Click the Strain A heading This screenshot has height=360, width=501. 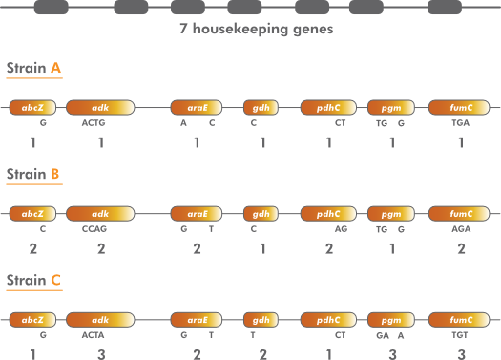[x=34, y=69]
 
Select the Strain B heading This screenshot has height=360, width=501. [x=34, y=175]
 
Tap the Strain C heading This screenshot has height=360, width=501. [x=34, y=281]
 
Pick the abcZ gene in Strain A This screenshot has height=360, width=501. [x=32, y=109]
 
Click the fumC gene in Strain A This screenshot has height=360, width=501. [x=461, y=109]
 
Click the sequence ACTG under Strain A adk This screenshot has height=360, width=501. [x=94, y=123]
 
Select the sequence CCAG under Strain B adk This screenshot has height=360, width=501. [x=94, y=229]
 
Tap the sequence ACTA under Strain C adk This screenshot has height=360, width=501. [x=94, y=335]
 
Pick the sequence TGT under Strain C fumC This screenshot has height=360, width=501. [x=461, y=335]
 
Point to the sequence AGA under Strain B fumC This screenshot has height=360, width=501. [x=461, y=229]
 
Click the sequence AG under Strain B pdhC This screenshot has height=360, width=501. [x=341, y=229]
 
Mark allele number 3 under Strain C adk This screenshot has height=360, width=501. [x=100, y=354]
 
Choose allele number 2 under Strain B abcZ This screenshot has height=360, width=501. [x=32, y=248]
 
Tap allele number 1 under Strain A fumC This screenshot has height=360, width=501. [x=461, y=142]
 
